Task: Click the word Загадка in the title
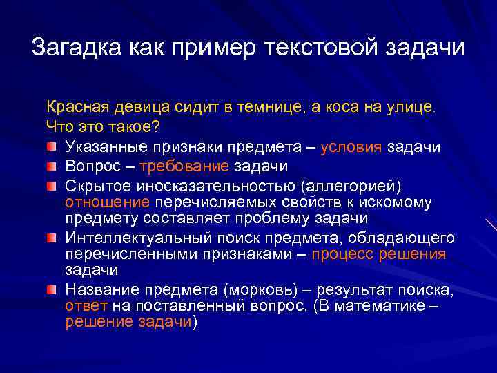75,49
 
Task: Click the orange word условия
351,147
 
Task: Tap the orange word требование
184,166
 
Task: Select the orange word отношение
107,202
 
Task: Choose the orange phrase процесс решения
378,254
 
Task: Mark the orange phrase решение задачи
129,323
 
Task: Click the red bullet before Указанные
52,146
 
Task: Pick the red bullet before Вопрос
52,165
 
